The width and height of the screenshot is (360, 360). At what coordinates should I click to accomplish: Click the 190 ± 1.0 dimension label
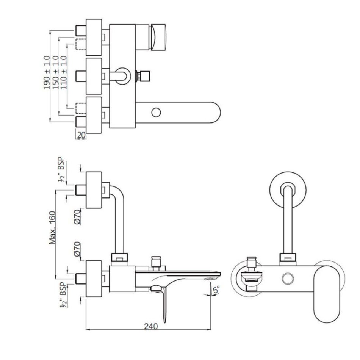tap(47, 72)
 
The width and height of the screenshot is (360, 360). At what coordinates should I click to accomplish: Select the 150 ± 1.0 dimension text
tap(56, 72)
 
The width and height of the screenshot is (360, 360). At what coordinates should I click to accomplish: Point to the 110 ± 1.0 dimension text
tap(63, 72)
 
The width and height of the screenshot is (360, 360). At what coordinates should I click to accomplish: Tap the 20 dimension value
tap(81, 135)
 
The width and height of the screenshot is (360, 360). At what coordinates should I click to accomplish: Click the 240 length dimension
tap(151, 326)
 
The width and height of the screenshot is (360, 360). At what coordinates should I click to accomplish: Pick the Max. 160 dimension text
tap(52, 227)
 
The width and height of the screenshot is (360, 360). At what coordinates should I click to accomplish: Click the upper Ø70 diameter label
tap(77, 217)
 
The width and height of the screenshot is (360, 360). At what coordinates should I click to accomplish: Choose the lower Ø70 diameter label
tap(77, 249)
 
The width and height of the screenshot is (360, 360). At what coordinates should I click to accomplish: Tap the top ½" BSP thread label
tap(61, 169)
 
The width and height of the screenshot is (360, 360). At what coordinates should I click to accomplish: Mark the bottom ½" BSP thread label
tap(63, 296)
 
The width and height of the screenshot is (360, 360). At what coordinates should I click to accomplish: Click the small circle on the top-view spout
tap(156, 113)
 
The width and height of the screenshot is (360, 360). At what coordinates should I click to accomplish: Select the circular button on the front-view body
tap(288, 279)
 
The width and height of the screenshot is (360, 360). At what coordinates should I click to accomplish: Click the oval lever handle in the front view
tap(327, 294)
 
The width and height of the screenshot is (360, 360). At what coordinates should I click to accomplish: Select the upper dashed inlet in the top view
tap(81, 44)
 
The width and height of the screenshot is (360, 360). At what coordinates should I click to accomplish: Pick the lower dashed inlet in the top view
tap(81, 108)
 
